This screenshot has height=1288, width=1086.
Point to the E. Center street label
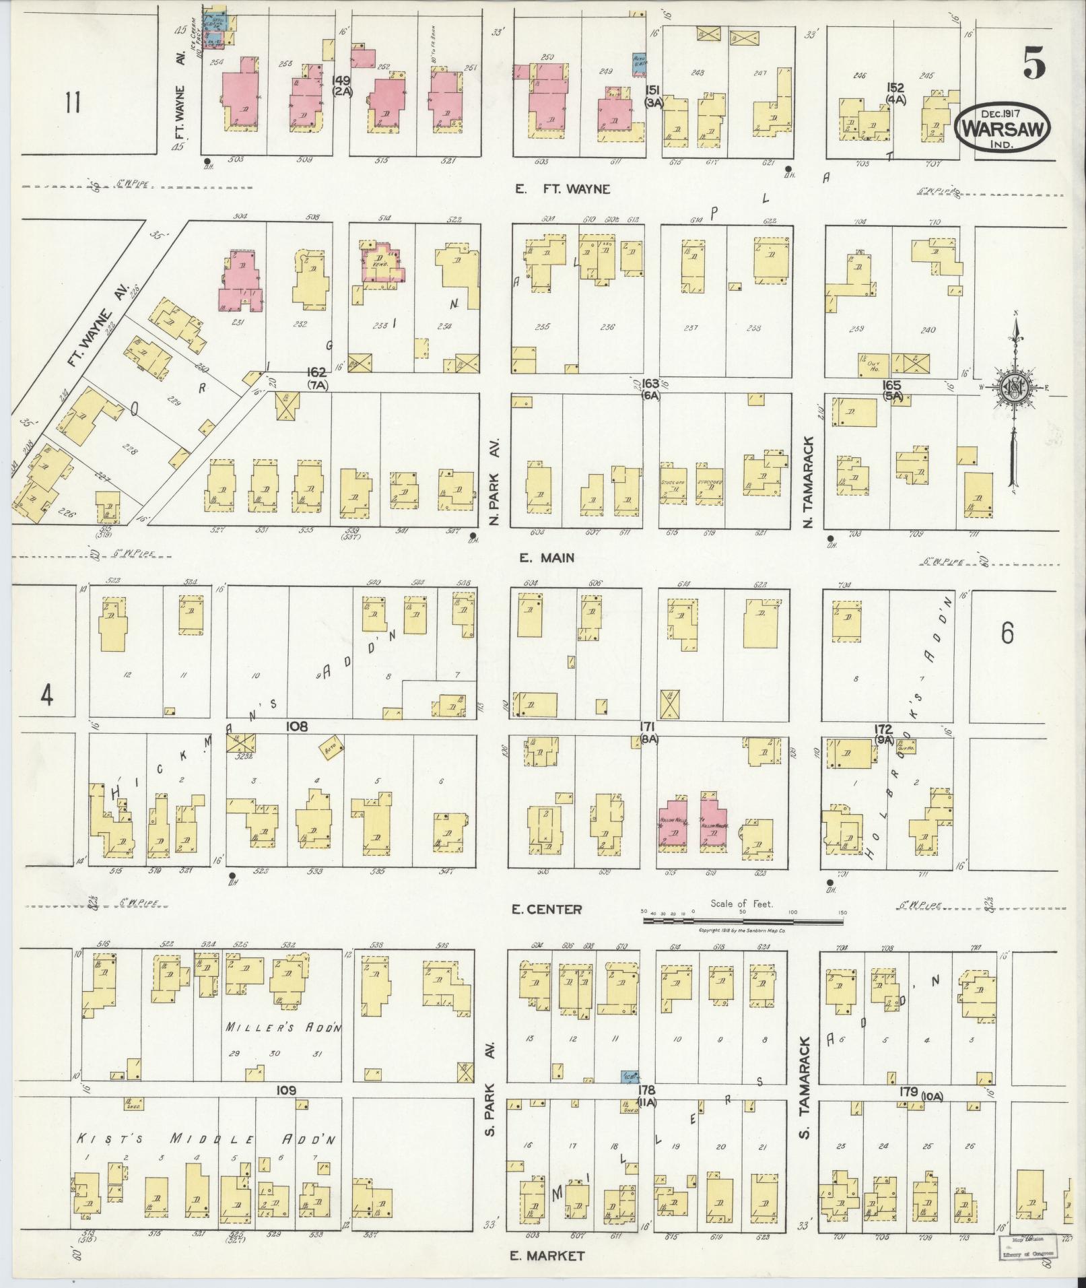pyautogui.click(x=546, y=910)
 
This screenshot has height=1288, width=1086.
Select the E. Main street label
pyautogui.click(x=546, y=557)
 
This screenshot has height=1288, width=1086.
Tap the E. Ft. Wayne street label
pyautogui.click(x=563, y=189)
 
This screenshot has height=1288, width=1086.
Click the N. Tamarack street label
pyautogui.click(x=809, y=481)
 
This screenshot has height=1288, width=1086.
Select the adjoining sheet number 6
pyautogui.click(x=1007, y=633)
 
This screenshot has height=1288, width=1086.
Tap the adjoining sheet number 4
pyautogui.click(x=46, y=696)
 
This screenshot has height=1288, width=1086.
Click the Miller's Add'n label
pyautogui.click(x=284, y=1027)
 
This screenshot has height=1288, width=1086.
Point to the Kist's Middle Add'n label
pyautogui.click(x=205, y=1140)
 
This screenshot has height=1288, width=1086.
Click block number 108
pyautogui.click(x=296, y=726)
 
